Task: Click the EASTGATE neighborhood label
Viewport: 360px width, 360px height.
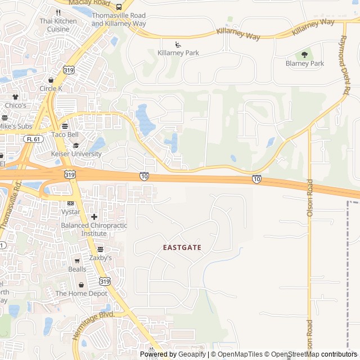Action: click(182, 247)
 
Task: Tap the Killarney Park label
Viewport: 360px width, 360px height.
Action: click(178, 53)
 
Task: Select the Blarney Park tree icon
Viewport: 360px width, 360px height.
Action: click(304, 55)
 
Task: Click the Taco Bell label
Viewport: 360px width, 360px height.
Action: click(65, 135)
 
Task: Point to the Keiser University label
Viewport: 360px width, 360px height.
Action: click(76, 154)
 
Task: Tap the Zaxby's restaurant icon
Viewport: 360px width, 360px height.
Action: click(100, 249)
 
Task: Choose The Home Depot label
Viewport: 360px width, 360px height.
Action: click(81, 294)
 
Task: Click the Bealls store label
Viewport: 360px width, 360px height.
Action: click(78, 270)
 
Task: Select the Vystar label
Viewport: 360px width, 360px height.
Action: click(71, 212)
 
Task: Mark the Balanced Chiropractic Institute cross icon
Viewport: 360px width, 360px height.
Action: click(94, 217)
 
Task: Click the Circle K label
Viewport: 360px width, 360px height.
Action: click(51, 88)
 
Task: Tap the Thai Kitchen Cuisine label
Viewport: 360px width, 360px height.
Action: click(58, 25)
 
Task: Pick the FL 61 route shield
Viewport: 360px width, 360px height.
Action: click(34, 138)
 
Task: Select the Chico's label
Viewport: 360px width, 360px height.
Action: click(16, 105)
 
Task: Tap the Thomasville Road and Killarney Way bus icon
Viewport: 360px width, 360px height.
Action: click(119, 7)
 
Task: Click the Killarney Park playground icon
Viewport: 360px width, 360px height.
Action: click(178, 44)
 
